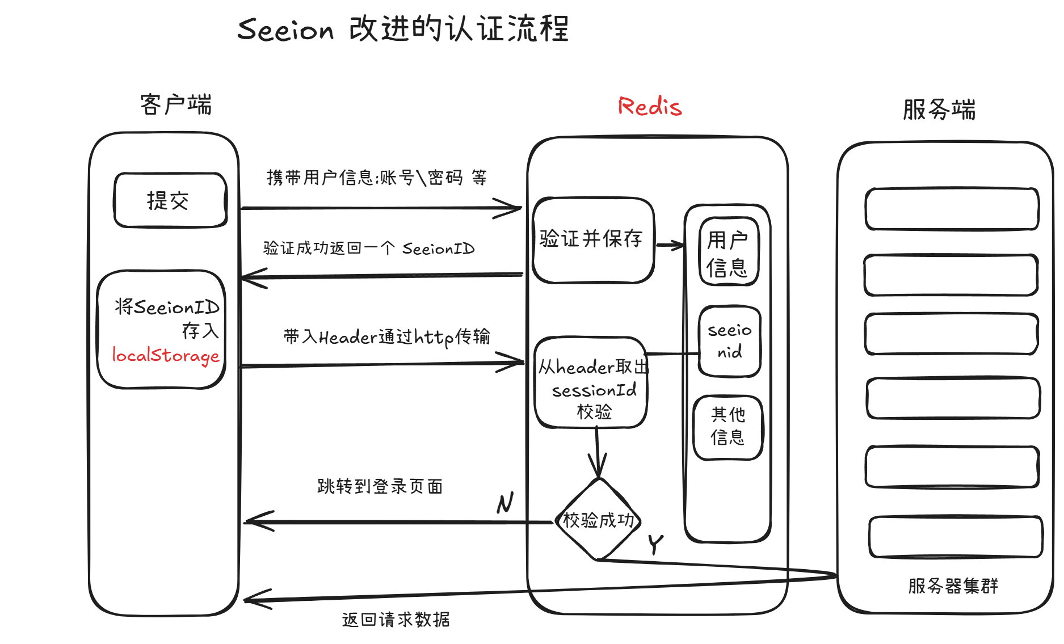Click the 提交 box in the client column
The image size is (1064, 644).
point(170,200)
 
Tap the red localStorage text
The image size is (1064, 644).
point(166,355)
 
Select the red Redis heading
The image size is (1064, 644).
point(650,107)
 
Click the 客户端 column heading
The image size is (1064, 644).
point(176,105)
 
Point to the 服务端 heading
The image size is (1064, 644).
point(939,110)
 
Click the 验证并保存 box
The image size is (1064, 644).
point(593,239)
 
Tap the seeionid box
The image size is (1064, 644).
point(729,341)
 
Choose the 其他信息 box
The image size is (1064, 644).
point(728,427)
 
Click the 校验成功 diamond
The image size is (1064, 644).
point(598,520)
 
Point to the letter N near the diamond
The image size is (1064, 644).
point(505,503)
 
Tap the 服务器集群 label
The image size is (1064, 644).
point(953,586)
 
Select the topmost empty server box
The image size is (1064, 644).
point(952,209)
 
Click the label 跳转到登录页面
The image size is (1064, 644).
point(380,486)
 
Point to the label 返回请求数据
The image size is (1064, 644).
point(396,619)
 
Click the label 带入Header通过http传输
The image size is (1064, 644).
point(386,337)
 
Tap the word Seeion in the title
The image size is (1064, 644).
point(285,30)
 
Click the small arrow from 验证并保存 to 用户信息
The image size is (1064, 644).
point(670,246)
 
